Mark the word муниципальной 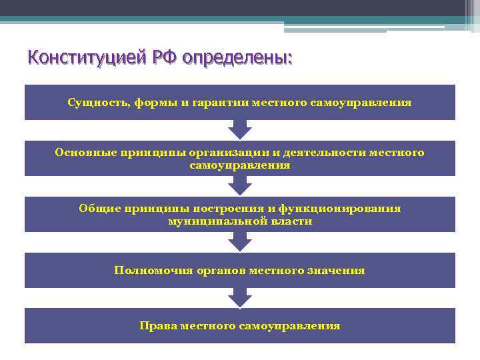(211, 221)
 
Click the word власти (285, 221)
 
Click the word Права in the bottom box (156, 326)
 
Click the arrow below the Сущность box (240, 129)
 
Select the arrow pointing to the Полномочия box (240, 241)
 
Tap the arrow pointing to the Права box (240, 297)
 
